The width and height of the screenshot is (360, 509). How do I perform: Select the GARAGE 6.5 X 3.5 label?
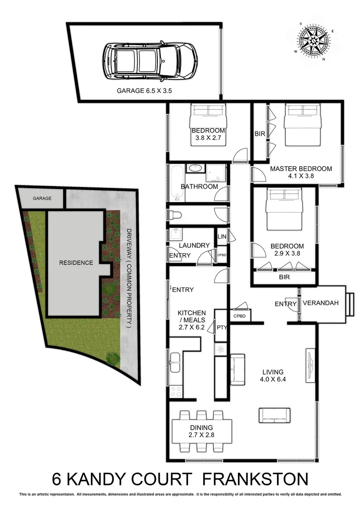pyautogui.click(x=144, y=91)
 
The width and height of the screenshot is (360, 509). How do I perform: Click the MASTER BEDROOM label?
pyautogui.click(x=301, y=169)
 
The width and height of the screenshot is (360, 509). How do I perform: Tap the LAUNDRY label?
pyautogui.click(x=194, y=245)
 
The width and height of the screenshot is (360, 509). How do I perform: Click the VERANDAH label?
pyautogui.click(x=320, y=303)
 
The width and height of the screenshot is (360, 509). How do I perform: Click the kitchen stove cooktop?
pyautogui.click(x=176, y=391)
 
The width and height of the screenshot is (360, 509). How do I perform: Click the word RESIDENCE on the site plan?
pyautogui.click(x=75, y=263)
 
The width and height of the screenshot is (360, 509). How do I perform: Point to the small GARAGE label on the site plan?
pyautogui.click(x=42, y=198)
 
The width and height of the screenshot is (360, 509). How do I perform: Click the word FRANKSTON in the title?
pyautogui.click(x=254, y=480)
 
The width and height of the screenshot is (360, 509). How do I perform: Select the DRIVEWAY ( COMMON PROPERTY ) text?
pyautogui.click(x=129, y=278)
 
